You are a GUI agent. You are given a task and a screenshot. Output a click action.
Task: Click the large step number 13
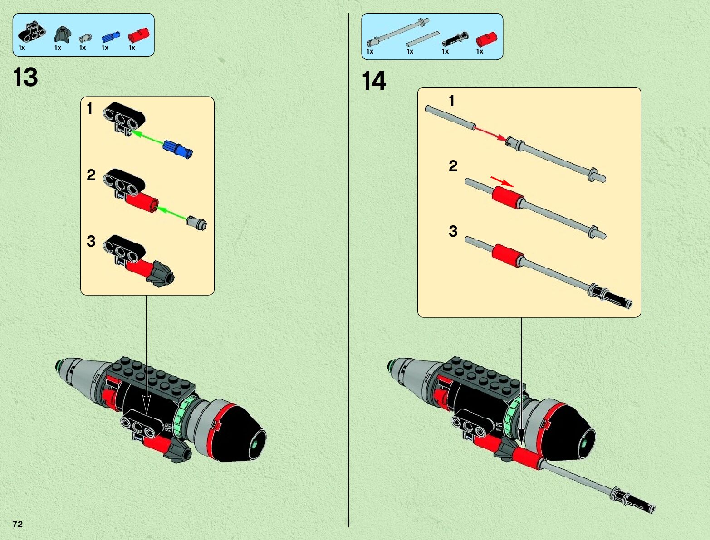coord(26,77)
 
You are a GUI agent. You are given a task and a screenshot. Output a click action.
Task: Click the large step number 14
coord(374,81)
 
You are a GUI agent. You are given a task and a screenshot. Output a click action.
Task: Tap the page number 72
coord(18,524)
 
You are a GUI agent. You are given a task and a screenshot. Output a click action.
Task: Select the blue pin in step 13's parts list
coord(111,36)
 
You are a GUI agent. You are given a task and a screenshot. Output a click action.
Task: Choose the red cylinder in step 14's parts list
coord(486,39)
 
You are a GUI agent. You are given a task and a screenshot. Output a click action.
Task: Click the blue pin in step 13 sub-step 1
coord(178,148)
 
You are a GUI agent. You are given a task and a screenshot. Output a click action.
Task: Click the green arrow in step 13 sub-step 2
coord(172,214)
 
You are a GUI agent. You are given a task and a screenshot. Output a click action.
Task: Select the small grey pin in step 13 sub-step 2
coord(197,223)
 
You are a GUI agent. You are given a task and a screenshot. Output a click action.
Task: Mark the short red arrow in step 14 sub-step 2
coord(502,181)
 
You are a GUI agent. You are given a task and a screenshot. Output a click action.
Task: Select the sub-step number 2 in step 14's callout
coord(453,166)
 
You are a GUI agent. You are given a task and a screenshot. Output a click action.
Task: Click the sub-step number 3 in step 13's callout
coord(91,241)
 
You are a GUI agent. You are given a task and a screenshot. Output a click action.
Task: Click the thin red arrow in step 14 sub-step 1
coord(490,133)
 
